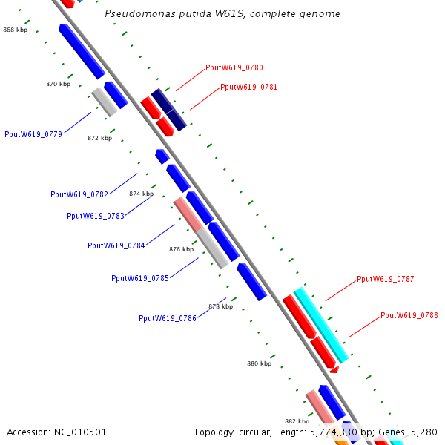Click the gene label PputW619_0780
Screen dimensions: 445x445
point(234,67)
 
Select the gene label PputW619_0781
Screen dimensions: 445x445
point(248,87)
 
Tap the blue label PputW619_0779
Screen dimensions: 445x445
point(33,134)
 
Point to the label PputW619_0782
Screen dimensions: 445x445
point(79,194)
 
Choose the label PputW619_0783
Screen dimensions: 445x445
point(96,216)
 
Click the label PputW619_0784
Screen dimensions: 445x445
point(116,245)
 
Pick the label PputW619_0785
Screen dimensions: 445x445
point(140,278)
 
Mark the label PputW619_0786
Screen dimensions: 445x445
point(168,318)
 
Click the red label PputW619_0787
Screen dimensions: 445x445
point(385,279)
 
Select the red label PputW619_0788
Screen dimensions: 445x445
point(409,315)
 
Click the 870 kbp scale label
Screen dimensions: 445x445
point(59,85)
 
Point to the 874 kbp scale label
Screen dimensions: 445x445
point(141,194)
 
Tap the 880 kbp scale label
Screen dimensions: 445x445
point(259,363)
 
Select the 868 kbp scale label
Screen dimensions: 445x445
point(16,30)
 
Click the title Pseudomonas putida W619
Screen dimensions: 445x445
point(222,14)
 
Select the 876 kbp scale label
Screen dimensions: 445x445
point(181,249)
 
